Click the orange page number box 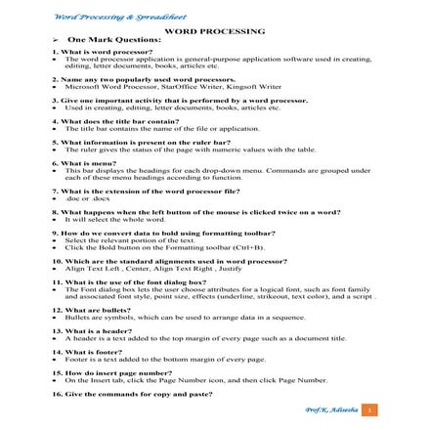pos(368,409)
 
